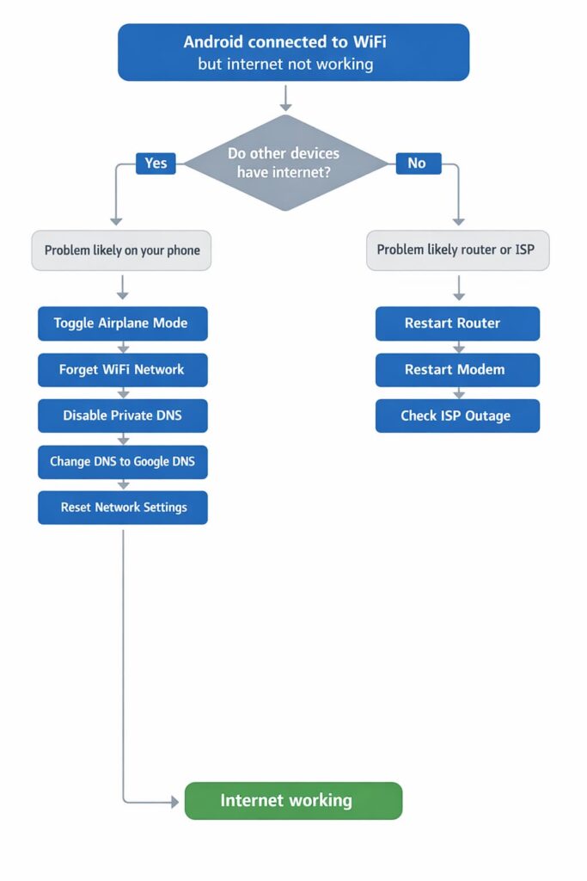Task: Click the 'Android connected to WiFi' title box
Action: click(x=293, y=52)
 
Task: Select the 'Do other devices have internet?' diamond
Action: click(x=285, y=162)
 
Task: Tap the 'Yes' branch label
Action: click(x=156, y=163)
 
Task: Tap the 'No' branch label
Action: click(x=417, y=163)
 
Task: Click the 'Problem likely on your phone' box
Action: click(x=122, y=250)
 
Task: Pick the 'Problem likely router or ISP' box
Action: click(x=457, y=250)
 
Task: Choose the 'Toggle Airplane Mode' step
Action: click(x=122, y=323)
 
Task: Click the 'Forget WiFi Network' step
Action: click(x=122, y=369)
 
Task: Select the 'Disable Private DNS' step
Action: click(x=122, y=416)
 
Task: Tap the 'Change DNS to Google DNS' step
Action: click(x=122, y=461)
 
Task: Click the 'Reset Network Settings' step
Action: click(x=122, y=508)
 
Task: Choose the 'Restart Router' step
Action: click(x=457, y=323)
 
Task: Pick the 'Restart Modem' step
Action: click(x=457, y=369)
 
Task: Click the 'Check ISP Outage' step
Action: click(x=457, y=416)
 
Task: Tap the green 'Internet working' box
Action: click(x=293, y=800)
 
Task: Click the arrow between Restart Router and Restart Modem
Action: click(x=457, y=347)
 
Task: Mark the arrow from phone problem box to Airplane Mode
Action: click(x=123, y=287)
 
